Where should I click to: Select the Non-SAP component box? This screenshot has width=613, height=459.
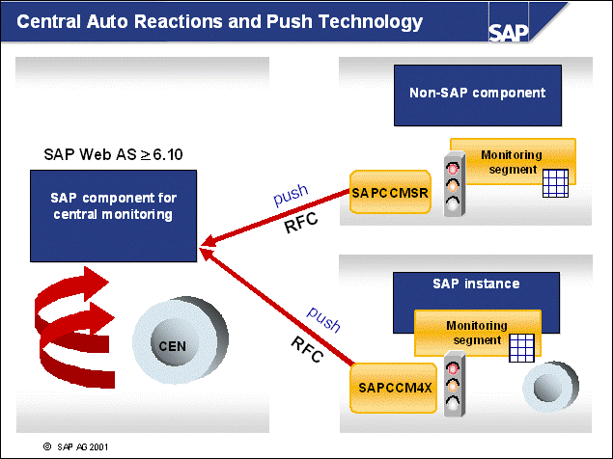pos(477,94)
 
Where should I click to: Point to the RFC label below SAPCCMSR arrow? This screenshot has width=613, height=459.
pos(301,229)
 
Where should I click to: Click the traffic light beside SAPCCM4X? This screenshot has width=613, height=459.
pos(453,385)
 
